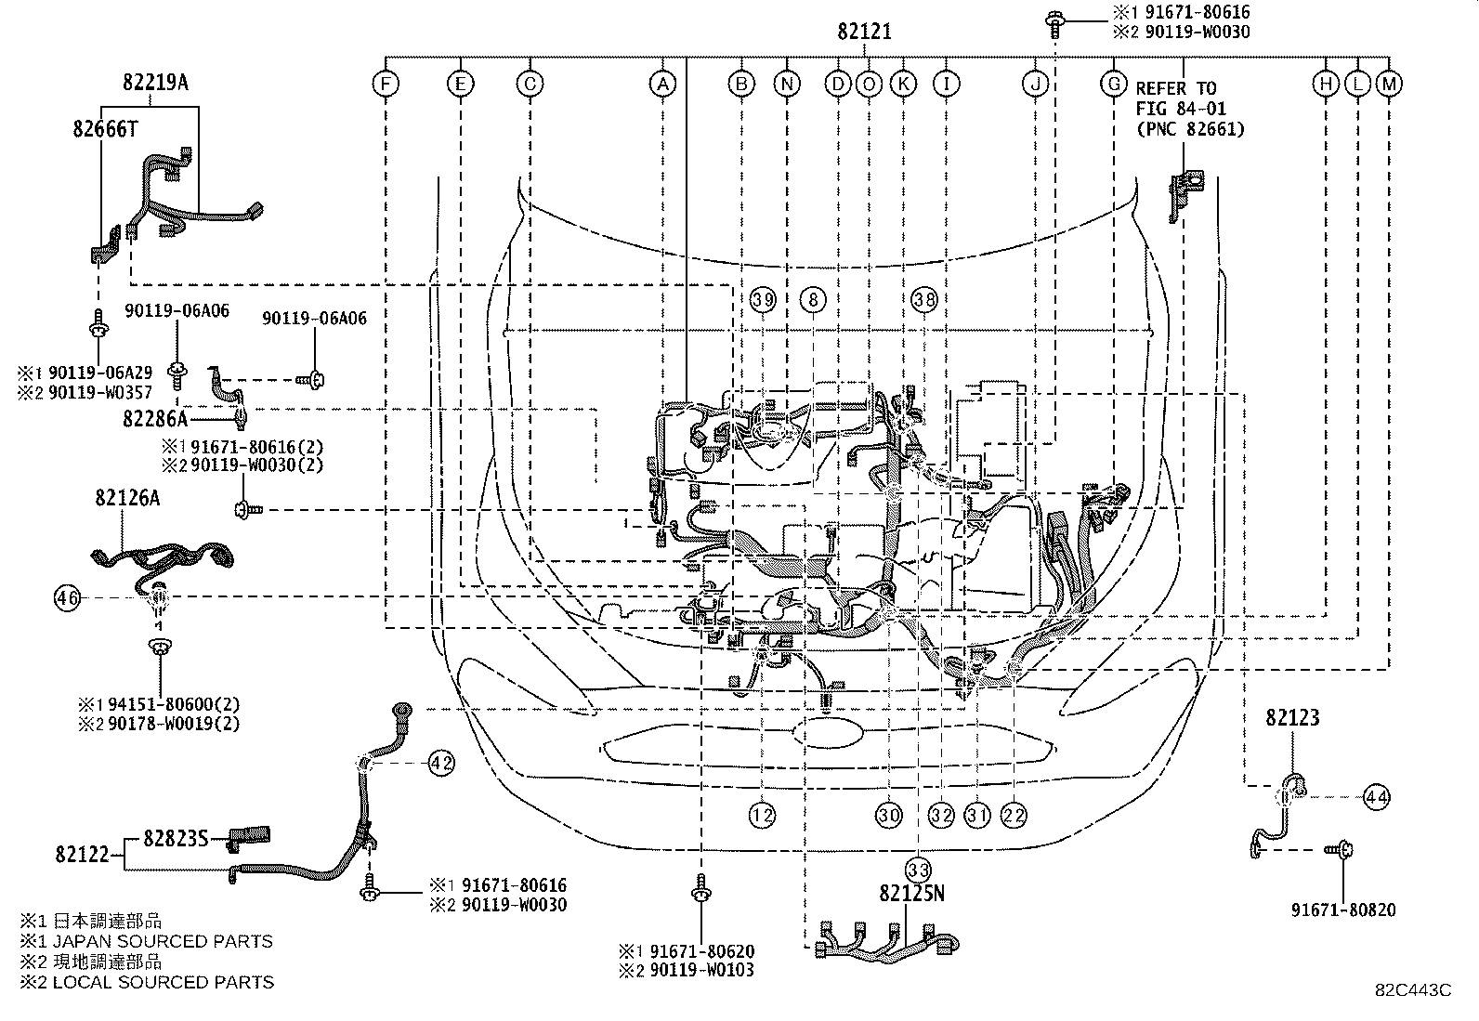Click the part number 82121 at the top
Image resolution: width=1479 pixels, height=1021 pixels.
pos(864,32)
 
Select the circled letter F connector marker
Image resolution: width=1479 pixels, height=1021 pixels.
pos(385,85)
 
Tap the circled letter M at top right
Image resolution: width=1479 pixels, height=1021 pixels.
pos(1389,85)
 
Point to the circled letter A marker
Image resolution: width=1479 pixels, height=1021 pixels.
pos(661,85)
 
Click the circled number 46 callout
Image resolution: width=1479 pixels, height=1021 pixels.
pos(67,599)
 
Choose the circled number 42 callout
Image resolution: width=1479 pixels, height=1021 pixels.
pos(441,764)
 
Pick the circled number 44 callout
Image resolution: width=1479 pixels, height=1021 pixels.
pos(1377,796)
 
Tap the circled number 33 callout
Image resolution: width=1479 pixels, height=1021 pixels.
pos(919,870)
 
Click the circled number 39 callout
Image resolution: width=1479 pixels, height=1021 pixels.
pos(763,299)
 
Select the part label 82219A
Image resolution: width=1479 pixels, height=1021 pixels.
pos(155,83)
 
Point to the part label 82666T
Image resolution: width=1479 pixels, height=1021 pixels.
pos(105,129)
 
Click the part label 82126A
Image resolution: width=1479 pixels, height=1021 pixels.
pos(126,499)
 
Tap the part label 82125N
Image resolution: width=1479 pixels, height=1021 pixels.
pos(911,894)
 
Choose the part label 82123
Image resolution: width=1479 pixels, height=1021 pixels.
pos(1292,717)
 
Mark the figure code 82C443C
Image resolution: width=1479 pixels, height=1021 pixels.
pos(1413,990)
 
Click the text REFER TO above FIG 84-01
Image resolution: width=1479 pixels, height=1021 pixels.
pos(1175,89)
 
